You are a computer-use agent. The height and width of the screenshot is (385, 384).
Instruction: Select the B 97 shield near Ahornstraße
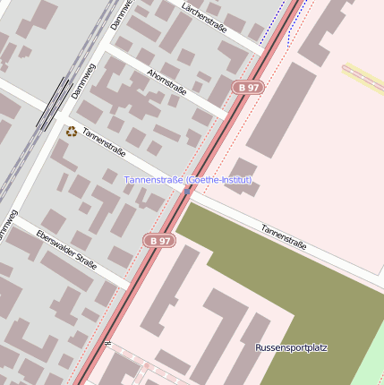point(249,87)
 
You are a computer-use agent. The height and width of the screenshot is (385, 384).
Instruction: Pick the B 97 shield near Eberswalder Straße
point(159,240)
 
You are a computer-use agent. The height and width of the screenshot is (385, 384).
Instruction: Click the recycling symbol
point(72,132)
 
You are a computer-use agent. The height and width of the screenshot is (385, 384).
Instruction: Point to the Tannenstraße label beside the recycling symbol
point(104,142)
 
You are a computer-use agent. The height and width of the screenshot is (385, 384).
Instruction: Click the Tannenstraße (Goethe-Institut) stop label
point(188,180)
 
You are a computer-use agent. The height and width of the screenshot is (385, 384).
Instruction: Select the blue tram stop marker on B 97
point(187,191)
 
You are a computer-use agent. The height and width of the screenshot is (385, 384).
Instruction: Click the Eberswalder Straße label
point(66,248)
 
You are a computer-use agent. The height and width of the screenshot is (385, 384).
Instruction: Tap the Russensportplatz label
point(291,346)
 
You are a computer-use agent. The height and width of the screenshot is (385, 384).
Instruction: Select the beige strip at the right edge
point(363,78)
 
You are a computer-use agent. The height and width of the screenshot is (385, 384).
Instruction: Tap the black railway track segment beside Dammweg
point(54,103)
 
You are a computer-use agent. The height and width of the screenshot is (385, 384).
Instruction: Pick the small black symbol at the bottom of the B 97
point(107,343)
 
